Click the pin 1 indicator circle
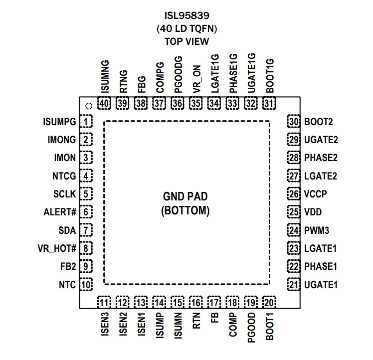pos(89,106)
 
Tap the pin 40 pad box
pos(104,103)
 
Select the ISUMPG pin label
pos(59,122)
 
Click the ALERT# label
pos(60,212)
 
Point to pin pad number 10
pos(86,284)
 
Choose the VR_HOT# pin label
pos(57,248)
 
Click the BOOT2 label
pos(319,122)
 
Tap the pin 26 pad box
pos(294,194)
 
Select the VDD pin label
pos(313,212)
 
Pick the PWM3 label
pos(317,230)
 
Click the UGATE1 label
pos(321,285)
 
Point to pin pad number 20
pos(269,303)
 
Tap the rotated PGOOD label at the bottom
pos(251,328)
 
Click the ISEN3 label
pos(105,324)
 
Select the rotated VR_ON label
pos(197,79)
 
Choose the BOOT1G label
pos(270,76)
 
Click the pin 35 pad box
pos(196,103)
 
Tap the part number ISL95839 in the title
pos(187,15)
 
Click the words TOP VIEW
pos(187,41)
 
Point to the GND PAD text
pos(186,196)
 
